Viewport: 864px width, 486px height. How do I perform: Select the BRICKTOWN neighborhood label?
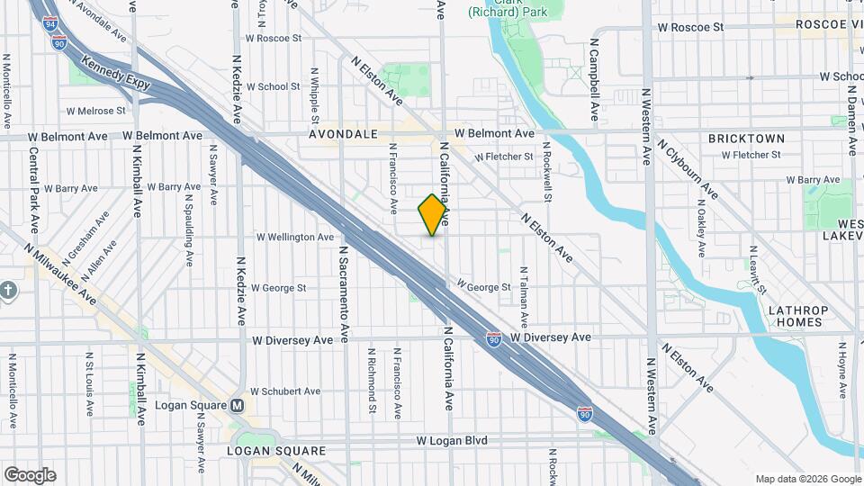click(x=746, y=139)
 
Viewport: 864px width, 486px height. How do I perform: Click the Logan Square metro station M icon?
click(x=237, y=405)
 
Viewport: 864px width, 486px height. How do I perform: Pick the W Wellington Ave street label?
click(x=295, y=238)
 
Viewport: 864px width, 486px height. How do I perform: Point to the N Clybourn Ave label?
click(x=688, y=168)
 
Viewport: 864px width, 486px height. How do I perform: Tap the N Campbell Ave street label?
click(x=594, y=80)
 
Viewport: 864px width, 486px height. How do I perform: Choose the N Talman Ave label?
click(x=523, y=296)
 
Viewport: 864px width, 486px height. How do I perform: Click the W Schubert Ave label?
click(x=285, y=391)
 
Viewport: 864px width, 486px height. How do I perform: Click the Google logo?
click(x=30, y=474)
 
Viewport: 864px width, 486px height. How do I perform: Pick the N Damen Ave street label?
click(x=850, y=116)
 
